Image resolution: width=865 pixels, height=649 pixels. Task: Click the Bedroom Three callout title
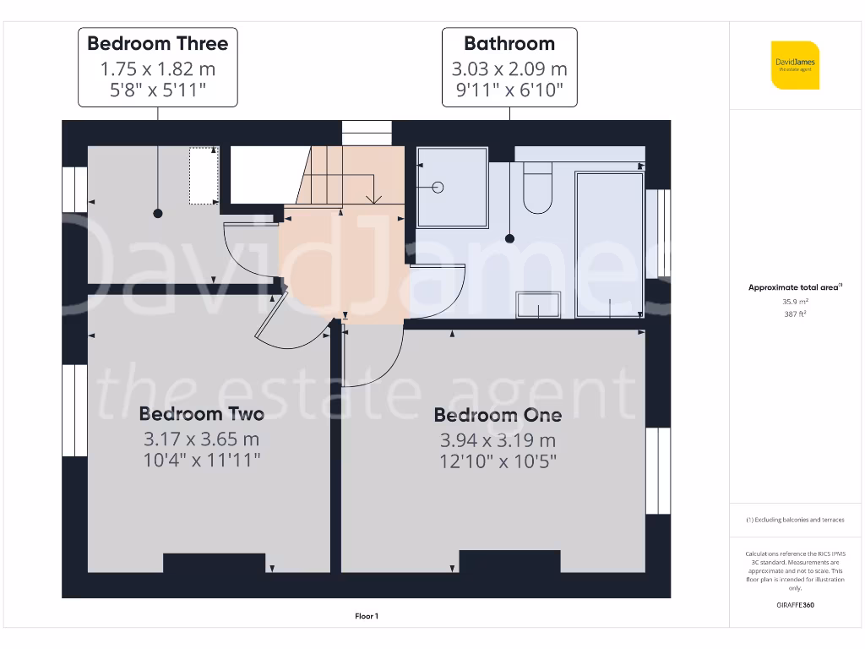pyautogui.click(x=157, y=44)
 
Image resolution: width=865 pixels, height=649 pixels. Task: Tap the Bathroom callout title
pyautogui.click(x=509, y=44)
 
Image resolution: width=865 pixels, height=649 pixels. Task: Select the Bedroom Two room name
pyautogui.click(x=201, y=413)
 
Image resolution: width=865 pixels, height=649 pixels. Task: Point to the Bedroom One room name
pyautogui.click(x=498, y=415)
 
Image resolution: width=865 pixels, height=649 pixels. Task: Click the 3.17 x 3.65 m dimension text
pyautogui.click(x=201, y=439)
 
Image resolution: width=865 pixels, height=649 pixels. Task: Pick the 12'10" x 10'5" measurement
pyautogui.click(x=498, y=461)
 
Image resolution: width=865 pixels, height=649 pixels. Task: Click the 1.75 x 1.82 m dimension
pyautogui.click(x=157, y=69)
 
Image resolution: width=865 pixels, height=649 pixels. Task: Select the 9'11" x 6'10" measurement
pyautogui.click(x=509, y=90)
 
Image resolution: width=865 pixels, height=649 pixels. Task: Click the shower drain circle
pyautogui.click(x=438, y=187)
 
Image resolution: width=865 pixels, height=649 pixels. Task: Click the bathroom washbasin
pyautogui.click(x=538, y=305)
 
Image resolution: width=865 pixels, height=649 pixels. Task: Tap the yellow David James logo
pyautogui.click(x=795, y=65)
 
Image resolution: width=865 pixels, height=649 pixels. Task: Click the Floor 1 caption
pyautogui.click(x=367, y=617)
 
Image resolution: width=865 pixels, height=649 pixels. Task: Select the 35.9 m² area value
pyautogui.click(x=795, y=301)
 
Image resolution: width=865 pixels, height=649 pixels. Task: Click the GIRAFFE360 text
pyautogui.click(x=795, y=605)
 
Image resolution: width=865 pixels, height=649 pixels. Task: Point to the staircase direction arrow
pyautogui.click(x=373, y=199)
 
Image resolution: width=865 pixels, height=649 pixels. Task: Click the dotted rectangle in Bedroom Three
pyautogui.click(x=203, y=176)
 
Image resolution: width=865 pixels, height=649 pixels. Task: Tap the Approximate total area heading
pyautogui.click(x=794, y=287)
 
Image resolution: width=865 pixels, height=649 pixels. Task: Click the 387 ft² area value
pyautogui.click(x=795, y=314)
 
